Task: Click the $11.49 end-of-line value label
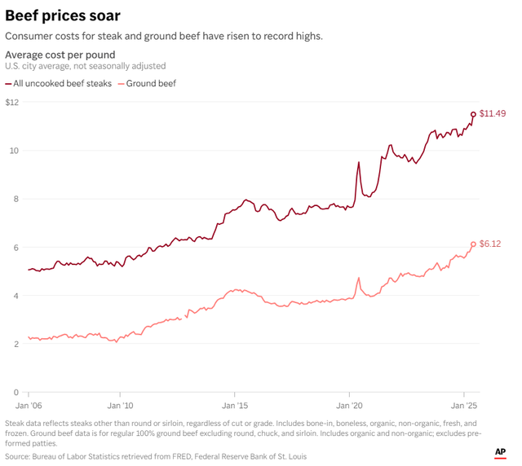[492, 113]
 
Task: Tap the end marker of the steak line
[473, 115]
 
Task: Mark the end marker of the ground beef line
[473, 244]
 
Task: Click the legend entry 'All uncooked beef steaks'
[62, 83]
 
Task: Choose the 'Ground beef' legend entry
[150, 83]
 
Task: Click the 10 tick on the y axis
[14, 151]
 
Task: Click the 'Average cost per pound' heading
[60, 55]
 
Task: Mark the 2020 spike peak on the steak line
[358, 162]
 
